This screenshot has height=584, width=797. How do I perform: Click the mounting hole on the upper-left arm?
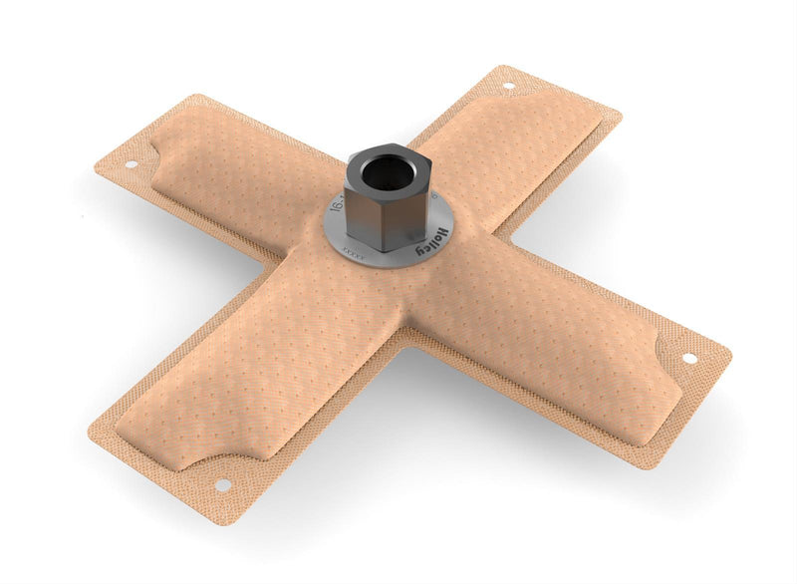tap(130, 164)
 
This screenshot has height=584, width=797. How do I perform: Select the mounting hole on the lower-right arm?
tap(688, 358)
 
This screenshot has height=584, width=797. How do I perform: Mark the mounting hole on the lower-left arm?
tap(222, 484)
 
